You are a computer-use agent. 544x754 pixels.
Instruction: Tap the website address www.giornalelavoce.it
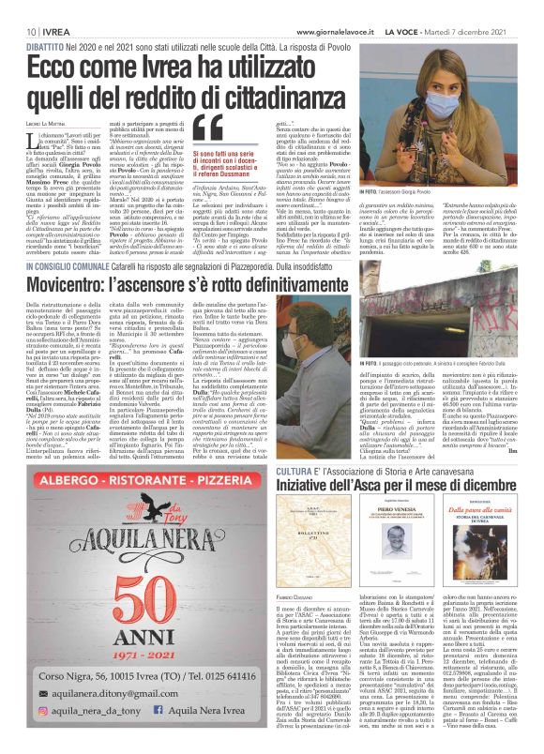point(325,8)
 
